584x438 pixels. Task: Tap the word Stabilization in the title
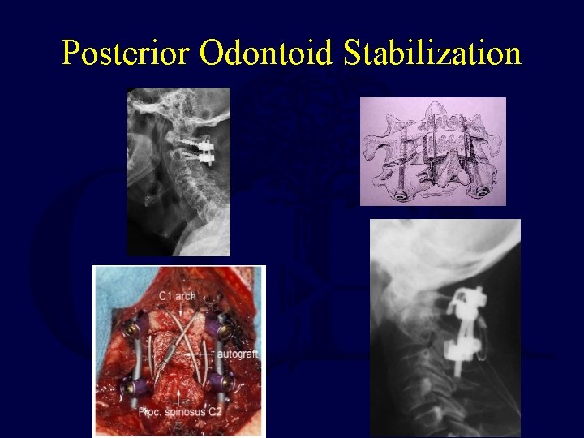coord(432,54)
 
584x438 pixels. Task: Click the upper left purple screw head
coord(131,330)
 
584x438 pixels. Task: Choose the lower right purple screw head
coord(219,381)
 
